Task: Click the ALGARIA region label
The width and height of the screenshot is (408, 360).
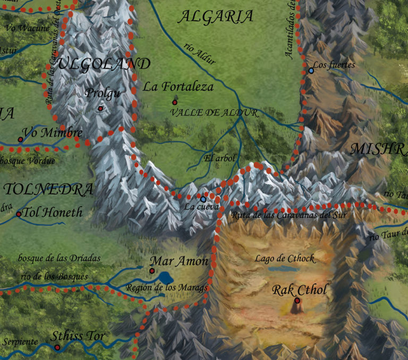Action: (x=215, y=17)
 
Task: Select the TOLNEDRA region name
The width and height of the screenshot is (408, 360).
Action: (x=48, y=190)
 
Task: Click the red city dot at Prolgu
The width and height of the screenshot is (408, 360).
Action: (x=100, y=109)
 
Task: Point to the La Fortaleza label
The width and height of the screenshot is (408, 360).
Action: (x=178, y=87)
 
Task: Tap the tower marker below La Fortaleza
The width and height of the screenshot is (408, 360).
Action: (x=175, y=101)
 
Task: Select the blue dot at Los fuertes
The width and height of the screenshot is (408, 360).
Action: (x=311, y=70)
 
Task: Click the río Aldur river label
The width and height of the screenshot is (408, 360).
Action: (x=200, y=54)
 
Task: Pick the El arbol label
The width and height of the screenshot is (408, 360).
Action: (x=219, y=158)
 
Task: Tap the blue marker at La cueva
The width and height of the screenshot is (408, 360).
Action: (x=203, y=199)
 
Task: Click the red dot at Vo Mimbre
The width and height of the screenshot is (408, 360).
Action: (x=20, y=140)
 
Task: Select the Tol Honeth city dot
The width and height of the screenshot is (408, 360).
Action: (x=19, y=215)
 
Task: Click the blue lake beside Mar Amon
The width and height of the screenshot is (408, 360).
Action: (x=166, y=278)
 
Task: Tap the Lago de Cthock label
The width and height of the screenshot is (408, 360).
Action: (x=285, y=259)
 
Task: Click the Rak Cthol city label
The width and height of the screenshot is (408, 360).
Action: (x=300, y=290)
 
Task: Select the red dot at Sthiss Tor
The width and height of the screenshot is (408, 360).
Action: (x=57, y=347)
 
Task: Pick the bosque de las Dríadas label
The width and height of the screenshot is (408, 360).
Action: (x=59, y=259)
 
